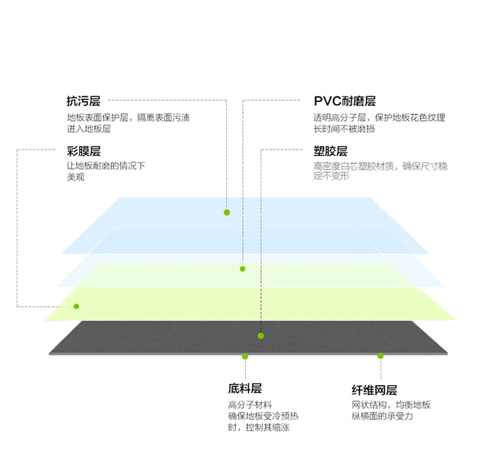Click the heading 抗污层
click(x=84, y=101)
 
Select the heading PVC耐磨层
click(x=345, y=101)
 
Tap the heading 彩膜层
click(x=84, y=151)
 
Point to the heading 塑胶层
click(x=330, y=151)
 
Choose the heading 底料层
click(x=245, y=388)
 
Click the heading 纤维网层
click(x=374, y=390)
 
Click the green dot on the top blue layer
click(x=227, y=212)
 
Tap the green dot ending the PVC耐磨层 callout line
click(x=243, y=268)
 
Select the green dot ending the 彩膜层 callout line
click(x=77, y=306)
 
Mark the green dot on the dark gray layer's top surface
click(x=261, y=336)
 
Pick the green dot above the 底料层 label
click(x=245, y=356)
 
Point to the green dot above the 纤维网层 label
click(x=381, y=356)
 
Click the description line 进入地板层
click(x=89, y=129)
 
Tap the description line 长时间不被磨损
click(x=344, y=129)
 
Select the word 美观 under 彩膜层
click(x=76, y=177)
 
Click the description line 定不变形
click(x=331, y=175)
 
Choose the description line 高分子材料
click(x=250, y=405)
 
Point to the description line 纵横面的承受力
click(x=382, y=416)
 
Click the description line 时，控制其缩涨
click(x=259, y=427)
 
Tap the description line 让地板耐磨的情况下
click(x=106, y=166)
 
